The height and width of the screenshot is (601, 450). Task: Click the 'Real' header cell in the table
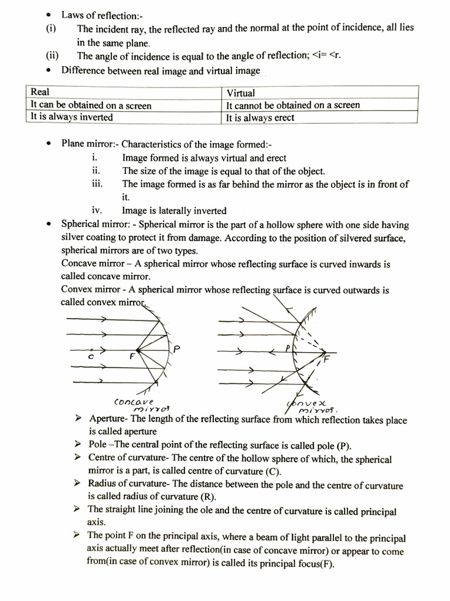(40, 92)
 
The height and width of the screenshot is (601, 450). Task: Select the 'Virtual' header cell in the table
(240, 93)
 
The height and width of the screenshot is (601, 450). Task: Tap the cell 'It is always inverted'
(71, 117)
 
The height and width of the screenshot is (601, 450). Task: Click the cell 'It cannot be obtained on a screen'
(293, 105)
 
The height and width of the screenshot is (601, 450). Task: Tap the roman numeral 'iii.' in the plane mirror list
(97, 184)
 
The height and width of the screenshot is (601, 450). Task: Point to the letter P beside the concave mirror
(176, 349)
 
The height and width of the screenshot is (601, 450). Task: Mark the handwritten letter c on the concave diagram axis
(91, 356)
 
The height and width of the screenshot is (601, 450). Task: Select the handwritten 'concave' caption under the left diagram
(134, 401)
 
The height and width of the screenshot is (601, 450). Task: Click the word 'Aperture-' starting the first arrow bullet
(110, 420)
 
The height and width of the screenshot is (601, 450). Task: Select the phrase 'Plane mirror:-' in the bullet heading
(90, 144)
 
